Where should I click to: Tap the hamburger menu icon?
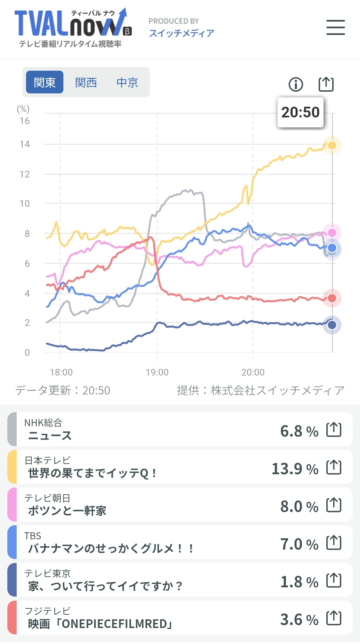[335, 27]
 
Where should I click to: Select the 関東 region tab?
[45, 82]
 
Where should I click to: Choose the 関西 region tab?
[86, 82]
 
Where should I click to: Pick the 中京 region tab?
[127, 82]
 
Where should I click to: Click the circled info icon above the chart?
[296, 84]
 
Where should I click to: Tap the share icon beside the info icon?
[326, 84]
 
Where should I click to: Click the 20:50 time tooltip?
[300, 112]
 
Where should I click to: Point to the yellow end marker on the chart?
[332, 145]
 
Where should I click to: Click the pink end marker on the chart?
[332, 232]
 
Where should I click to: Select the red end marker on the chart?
[332, 298]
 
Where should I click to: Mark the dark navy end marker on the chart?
[332, 325]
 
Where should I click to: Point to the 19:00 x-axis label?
[157, 372]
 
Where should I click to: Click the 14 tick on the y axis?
[25, 144]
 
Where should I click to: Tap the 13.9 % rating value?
[295, 469]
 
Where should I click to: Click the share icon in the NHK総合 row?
[334, 430]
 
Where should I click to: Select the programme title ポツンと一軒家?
[67, 511]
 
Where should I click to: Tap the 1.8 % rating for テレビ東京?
[299, 582]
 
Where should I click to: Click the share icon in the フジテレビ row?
[334, 618]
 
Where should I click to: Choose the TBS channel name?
[33, 536]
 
